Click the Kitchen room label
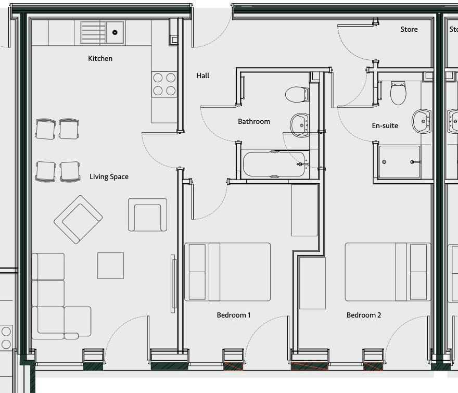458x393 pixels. click(100, 59)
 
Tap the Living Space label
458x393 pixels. click(109, 177)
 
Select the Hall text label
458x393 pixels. click(203, 76)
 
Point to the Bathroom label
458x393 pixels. click(254, 122)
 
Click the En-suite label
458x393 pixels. click(385, 126)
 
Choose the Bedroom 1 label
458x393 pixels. click(234, 315)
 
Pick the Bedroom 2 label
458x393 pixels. click(364, 315)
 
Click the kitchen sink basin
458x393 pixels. click(115, 32)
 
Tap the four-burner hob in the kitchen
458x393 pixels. click(164, 84)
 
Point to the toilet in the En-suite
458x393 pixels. click(398, 93)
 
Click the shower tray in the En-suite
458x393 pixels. click(399, 162)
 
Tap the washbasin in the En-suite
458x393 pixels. click(421, 121)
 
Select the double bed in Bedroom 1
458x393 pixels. click(227, 272)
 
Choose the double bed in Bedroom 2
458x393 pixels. click(388, 272)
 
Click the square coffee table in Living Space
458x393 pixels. click(110, 265)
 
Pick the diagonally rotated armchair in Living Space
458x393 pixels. click(78, 219)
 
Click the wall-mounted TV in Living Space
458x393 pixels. click(173, 284)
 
